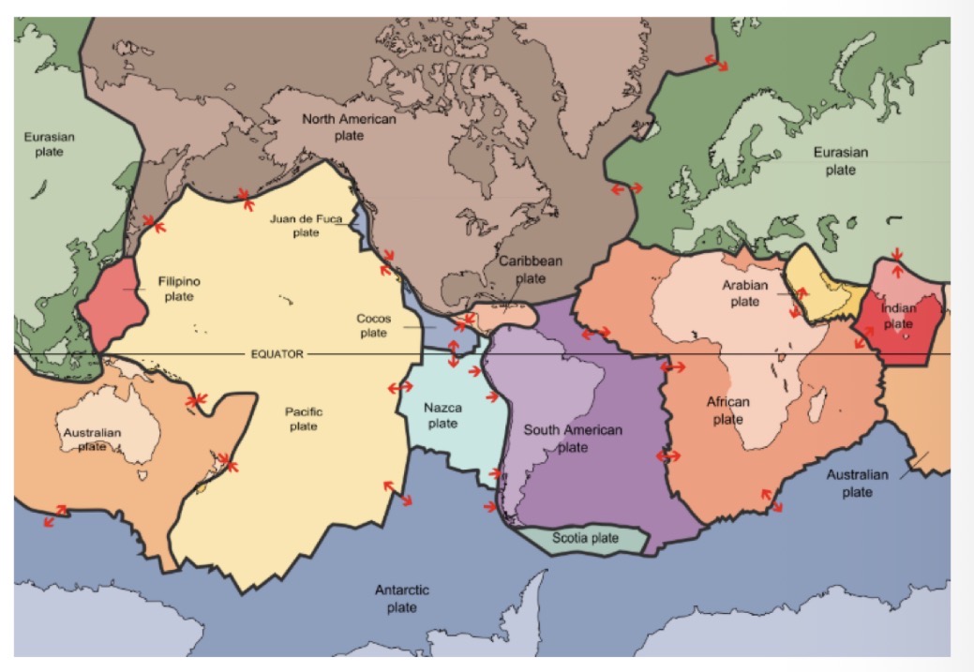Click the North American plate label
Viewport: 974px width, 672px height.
pos(349,127)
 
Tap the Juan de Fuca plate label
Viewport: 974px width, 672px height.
pos(306,225)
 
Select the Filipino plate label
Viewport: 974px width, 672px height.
pos(179,289)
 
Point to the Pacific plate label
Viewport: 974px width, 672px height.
pos(303,418)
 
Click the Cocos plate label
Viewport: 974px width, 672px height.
pos(373,325)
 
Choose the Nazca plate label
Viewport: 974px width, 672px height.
pos(442,415)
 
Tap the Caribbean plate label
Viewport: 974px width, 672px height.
pos(530,269)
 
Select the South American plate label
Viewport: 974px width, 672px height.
pos(572,438)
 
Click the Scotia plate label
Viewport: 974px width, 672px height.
pos(585,538)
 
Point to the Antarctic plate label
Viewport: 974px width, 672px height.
pos(401,598)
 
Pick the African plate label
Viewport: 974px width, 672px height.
pos(727,411)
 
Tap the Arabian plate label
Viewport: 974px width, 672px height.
pos(744,292)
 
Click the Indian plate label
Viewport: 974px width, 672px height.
pos(898,316)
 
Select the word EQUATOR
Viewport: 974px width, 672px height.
pos(277,354)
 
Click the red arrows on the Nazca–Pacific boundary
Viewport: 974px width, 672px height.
pos(400,386)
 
